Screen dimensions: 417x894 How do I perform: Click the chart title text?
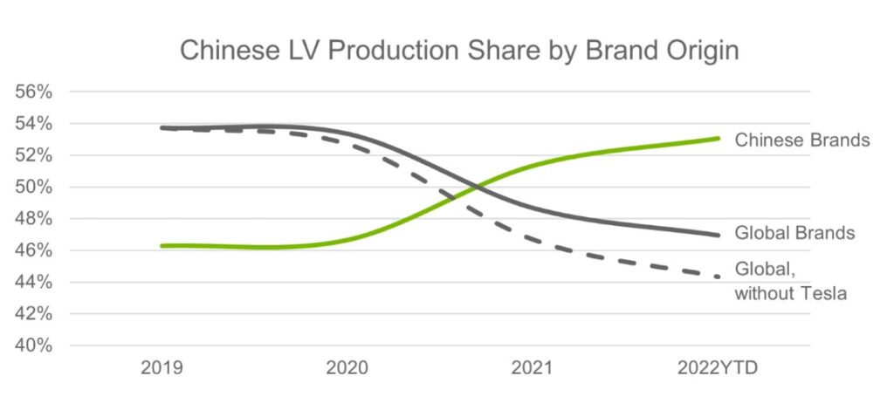pos(459,50)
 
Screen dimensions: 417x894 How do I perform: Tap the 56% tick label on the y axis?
pos(31,92)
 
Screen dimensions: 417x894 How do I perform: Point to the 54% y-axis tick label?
pos(31,124)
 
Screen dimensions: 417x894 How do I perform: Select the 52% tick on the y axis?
pos(31,155)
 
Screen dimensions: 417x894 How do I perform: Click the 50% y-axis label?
pos(31,188)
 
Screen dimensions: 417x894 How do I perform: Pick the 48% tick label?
pos(31,219)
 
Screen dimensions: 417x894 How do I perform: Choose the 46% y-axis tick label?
pos(31,250)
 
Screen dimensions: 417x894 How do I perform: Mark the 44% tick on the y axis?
pos(31,283)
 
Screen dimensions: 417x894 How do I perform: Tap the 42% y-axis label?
pos(31,314)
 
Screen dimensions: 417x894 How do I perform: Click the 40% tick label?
pos(31,345)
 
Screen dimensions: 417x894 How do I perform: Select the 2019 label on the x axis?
pos(162,369)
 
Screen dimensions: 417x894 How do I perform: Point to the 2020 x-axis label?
pos(347,369)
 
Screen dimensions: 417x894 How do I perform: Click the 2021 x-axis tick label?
pos(532,369)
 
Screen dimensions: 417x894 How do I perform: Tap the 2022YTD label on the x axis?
pos(717,369)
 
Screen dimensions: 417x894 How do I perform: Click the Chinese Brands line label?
pos(802,140)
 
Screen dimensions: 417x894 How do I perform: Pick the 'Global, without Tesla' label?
pos(791,281)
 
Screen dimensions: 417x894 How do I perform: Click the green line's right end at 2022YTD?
pos(718,138)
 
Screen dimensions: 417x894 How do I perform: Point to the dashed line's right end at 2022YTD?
pos(718,277)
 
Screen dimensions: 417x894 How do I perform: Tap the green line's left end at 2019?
pos(162,246)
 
